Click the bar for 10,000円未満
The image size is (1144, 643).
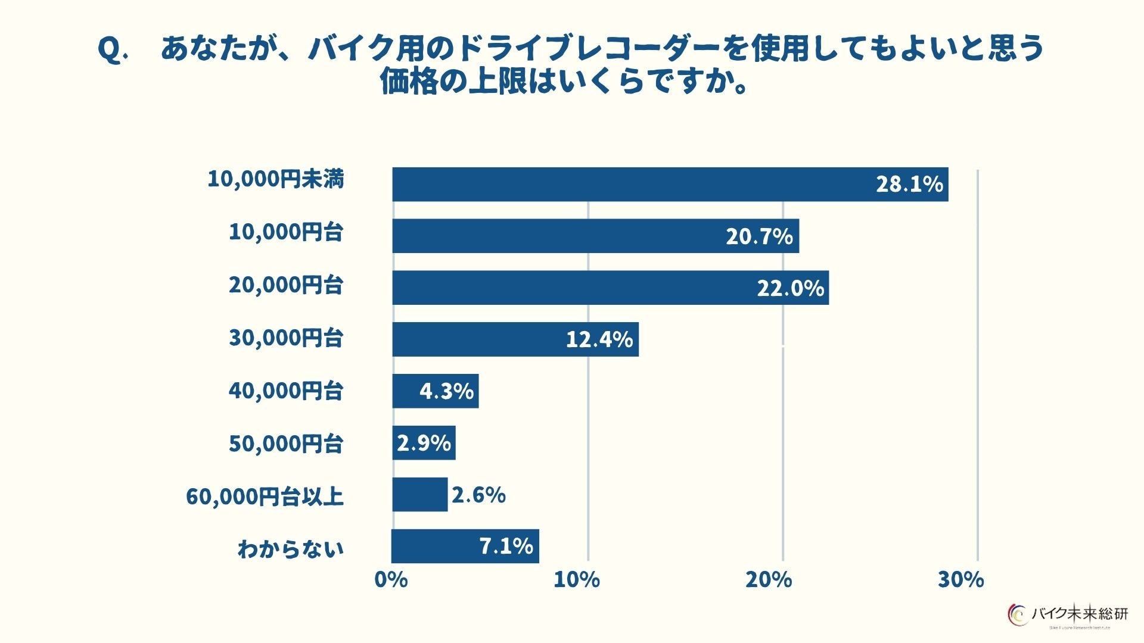coord(670,185)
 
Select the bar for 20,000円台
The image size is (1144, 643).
coord(610,288)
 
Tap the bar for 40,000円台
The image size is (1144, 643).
coord(435,391)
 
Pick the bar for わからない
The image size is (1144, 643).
coord(465,546)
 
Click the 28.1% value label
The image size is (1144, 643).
coord(909,185)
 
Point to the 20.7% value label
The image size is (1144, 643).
coord(759,237)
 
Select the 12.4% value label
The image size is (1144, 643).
coord(599,340)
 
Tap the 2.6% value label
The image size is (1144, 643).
coord(478,495)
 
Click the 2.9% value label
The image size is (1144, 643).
coord(424,443)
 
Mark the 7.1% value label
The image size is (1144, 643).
coord(506,546)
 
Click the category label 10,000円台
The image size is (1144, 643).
coord(286,232)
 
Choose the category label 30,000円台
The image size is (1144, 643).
coord(286,338)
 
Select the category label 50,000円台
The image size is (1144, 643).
coord(286,444)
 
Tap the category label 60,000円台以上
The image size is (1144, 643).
coord(265,496)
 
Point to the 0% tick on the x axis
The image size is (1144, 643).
coord(391,579)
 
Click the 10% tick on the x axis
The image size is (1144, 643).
coord(576,579)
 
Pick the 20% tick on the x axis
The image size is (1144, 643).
coord(769,579)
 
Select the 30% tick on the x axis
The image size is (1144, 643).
coord(960,579)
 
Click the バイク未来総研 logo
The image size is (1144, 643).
coord(1068,614)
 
